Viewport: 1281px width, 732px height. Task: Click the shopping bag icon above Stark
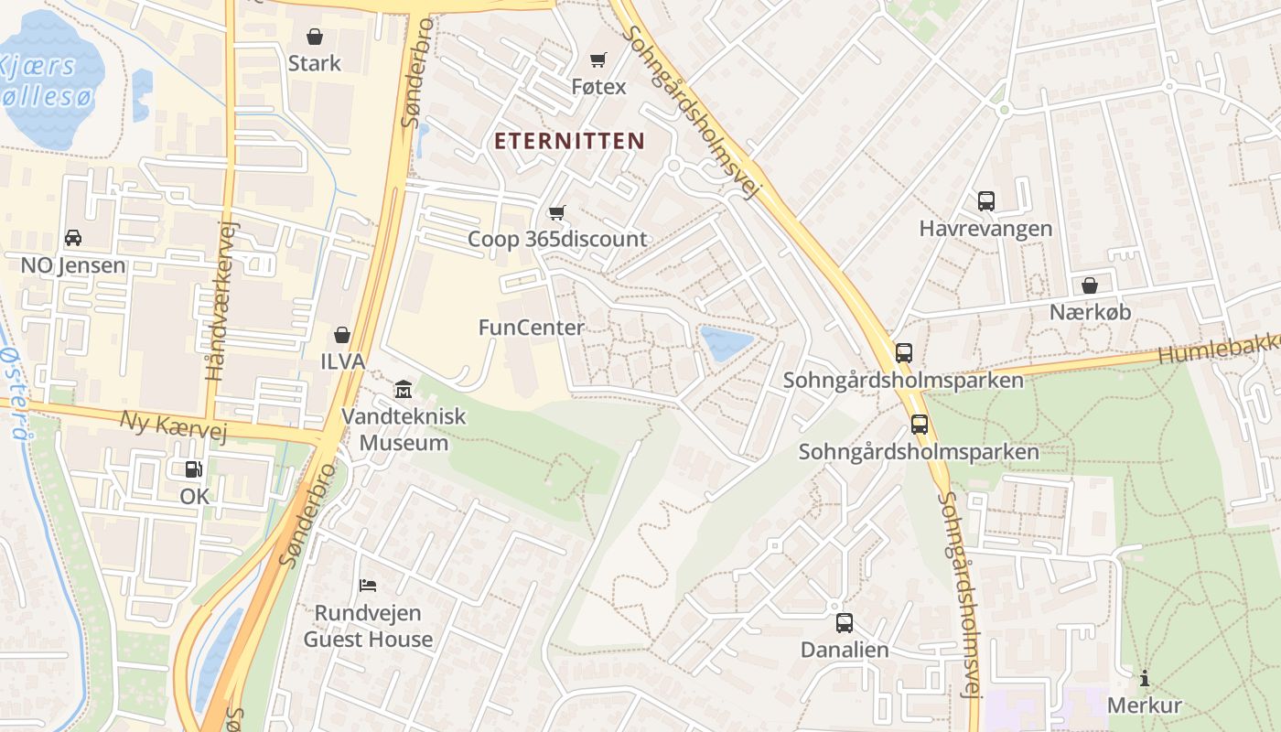[315, 37]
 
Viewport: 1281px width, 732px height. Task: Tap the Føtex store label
[598, 87]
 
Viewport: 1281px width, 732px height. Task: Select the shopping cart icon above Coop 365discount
[556, 213]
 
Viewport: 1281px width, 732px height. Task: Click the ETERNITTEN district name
[570, 141]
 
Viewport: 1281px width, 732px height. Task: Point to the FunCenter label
[531, 328]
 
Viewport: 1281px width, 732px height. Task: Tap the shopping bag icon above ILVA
[342, 335]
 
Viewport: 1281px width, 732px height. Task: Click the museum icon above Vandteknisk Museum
[403, 390]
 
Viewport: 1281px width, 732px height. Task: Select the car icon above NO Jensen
[73, 238]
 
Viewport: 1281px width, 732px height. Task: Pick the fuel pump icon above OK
[194, 469]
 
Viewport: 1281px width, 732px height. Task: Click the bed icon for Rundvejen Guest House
[368, 585]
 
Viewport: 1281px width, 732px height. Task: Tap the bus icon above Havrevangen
[985, 201]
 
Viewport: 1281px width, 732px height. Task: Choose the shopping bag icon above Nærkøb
[1089, 285]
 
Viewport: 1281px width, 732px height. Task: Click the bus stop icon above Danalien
[844, 623]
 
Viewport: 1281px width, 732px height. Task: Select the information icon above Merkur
[1144, 679]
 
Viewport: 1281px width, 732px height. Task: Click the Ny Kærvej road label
[173, 425]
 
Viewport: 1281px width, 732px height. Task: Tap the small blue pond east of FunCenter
[726, 342]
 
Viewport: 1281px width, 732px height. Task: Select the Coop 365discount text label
[556, 240]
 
